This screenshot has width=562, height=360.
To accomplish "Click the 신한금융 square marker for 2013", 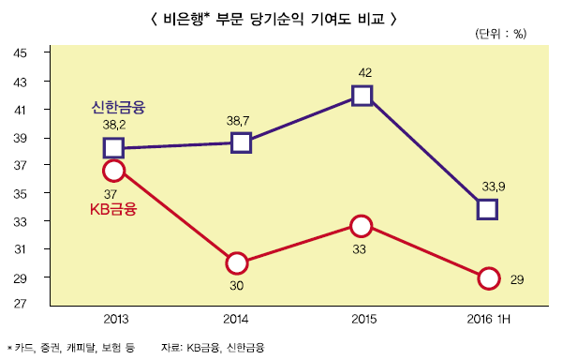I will [x=113, y=147].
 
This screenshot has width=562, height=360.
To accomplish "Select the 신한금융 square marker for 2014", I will [x=241, y=142].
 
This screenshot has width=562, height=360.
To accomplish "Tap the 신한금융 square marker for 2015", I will [x=362, y=95].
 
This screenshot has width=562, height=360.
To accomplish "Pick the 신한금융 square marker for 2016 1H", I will [x=487, y=209].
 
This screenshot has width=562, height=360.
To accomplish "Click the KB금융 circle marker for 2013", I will [x=113, y=170].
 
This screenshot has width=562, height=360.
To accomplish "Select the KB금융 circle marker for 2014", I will [x=237, y=262].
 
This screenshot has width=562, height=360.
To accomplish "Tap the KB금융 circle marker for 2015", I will [x=362, y=225].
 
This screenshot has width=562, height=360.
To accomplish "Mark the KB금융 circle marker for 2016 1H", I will [x=488, y=277].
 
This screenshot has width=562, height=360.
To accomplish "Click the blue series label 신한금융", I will [x=119, y=106].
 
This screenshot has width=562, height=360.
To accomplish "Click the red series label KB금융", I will [x=113, y=209].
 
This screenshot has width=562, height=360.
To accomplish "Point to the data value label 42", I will [x=366, y=72].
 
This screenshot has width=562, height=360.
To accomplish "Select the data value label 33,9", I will [x=494, y=187].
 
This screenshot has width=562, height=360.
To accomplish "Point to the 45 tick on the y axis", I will [x=20, y=53].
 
